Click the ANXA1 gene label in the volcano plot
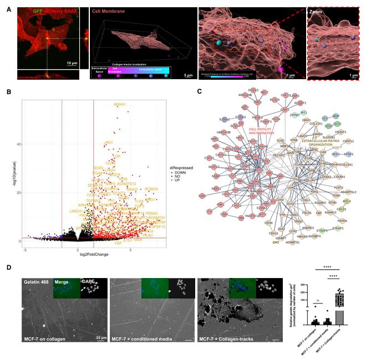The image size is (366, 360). (120, 104)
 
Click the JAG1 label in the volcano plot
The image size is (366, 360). (109, 142)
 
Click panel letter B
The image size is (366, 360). (8, 92)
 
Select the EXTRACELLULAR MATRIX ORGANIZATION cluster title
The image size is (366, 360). (310, 143)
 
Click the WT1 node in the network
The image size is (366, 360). (303, 112)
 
